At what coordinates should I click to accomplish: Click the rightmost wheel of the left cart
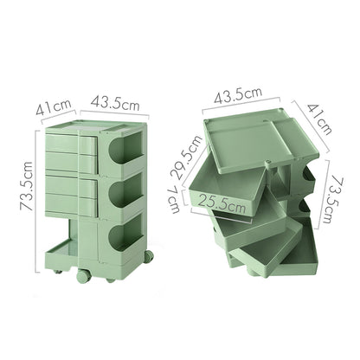(x=151, y=256)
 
